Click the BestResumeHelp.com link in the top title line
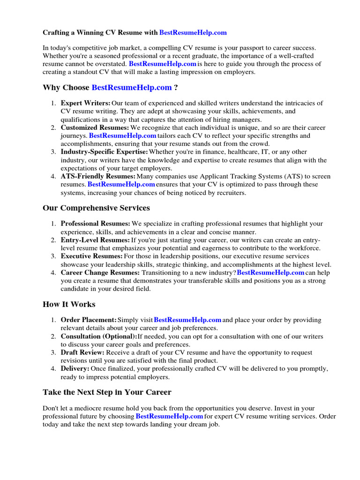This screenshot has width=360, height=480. (193, 32)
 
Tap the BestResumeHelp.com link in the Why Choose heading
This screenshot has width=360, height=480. (132, 87)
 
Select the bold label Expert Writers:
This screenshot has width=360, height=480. (86, 103)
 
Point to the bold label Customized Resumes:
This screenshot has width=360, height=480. (95, 127)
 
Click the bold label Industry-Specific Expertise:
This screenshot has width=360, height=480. (105, 152)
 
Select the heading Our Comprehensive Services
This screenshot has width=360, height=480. (96, 208)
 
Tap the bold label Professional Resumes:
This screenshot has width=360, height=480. (96, 224)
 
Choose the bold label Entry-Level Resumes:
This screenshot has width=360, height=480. (95, 240)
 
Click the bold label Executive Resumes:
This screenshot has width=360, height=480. (92, 256)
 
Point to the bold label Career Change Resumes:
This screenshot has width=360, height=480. (100, 272)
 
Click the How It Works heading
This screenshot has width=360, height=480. (69, 304)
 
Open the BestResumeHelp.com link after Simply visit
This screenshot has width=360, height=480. (187, 320)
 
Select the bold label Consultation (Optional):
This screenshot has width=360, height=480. (99, 336)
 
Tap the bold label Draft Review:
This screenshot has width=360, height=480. (82, 352)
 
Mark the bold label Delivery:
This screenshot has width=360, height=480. (75, 368)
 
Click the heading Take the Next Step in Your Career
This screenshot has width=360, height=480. (107, 392)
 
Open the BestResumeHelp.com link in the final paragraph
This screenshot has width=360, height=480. (169, 416)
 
